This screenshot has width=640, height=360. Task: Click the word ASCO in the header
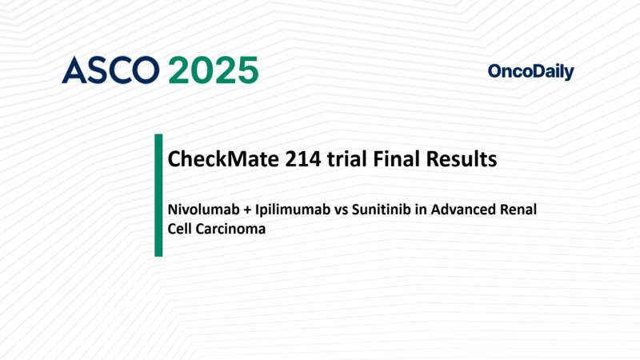pos(111,70)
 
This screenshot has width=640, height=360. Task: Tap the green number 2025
pos(213,70)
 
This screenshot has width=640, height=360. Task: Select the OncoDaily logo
pos(530,72)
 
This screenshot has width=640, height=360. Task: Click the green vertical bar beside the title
pos(158,195)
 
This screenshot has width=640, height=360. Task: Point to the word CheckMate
pos(215,159)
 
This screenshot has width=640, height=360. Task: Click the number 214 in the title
pos(288,159)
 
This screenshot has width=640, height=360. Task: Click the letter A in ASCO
pos(74,70)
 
